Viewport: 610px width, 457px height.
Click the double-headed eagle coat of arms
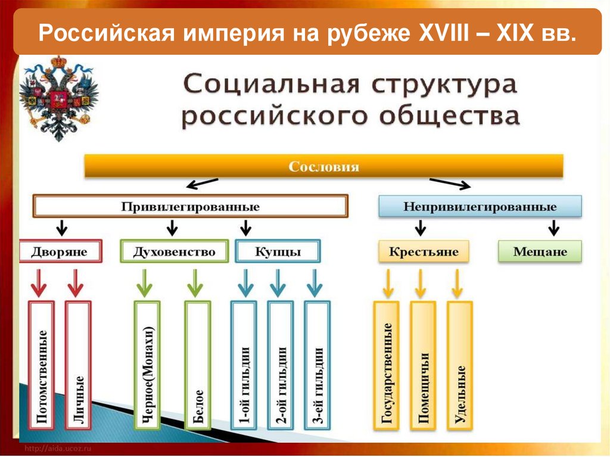58,97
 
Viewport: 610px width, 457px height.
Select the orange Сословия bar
323,166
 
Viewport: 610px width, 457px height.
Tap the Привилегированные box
191,207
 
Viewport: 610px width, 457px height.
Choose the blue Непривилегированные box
480,207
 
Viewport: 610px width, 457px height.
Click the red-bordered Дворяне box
60,251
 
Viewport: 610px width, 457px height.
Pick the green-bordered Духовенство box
174,251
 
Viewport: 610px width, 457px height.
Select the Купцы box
278,251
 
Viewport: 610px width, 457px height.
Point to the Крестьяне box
424,251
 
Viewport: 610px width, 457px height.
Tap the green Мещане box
540,251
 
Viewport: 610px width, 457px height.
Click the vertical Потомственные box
42,365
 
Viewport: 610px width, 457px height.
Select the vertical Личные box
78,365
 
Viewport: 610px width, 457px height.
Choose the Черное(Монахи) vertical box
148,365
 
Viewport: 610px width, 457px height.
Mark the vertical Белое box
197,365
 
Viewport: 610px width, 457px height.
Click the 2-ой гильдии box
281,365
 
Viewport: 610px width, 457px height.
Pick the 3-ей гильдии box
317,365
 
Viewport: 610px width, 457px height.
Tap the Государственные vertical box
387,365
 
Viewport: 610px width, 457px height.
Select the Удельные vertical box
459,365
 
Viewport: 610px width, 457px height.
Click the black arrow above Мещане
553,227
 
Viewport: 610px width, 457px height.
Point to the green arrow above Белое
195,282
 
